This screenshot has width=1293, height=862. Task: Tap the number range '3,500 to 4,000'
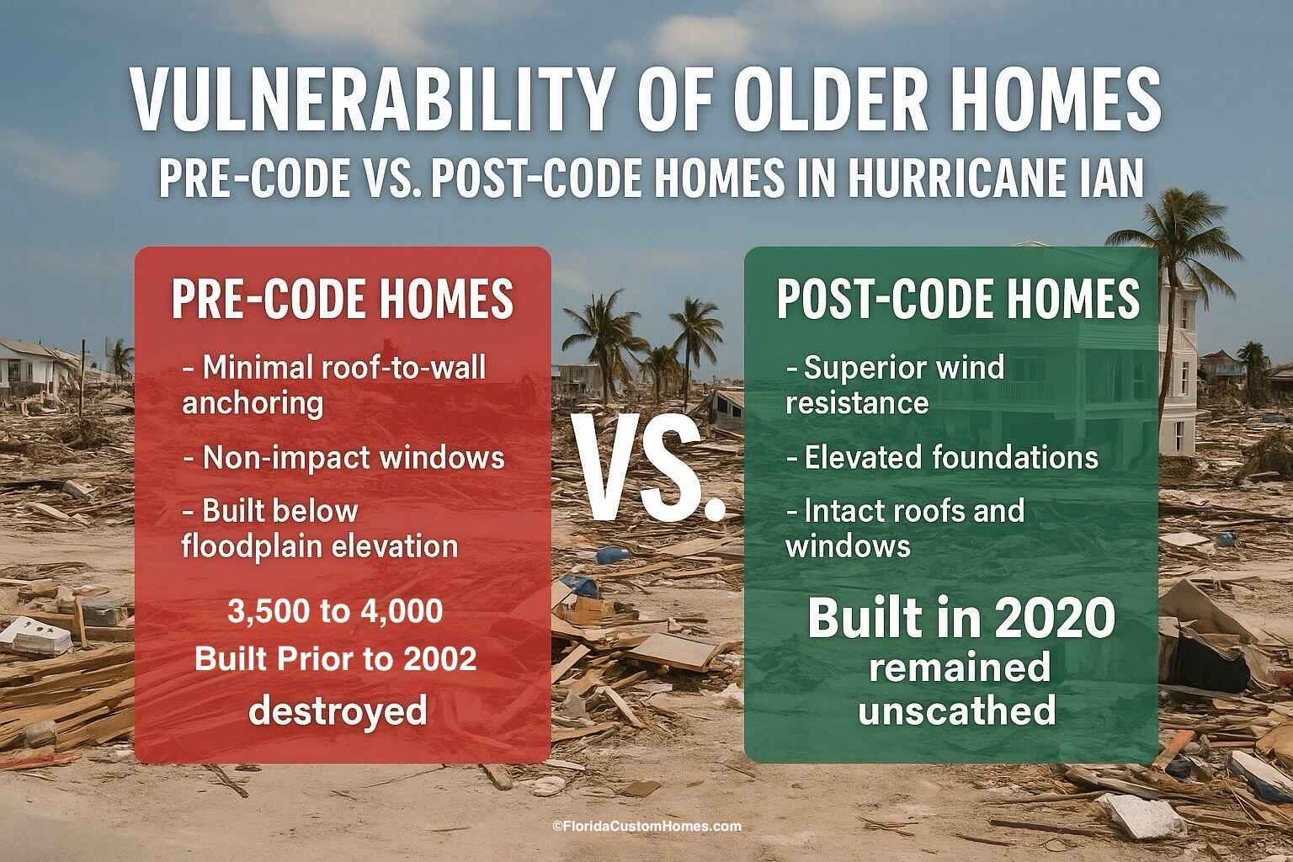pyautogui.click(x=335, y=612)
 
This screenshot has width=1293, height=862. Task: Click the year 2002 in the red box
pyautogui.click(x=438, y=659)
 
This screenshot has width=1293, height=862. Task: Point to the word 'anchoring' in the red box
pyautogui.click(x=253, y=403)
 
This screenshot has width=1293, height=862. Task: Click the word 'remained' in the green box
pyautogui.click(x=959, y=668)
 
